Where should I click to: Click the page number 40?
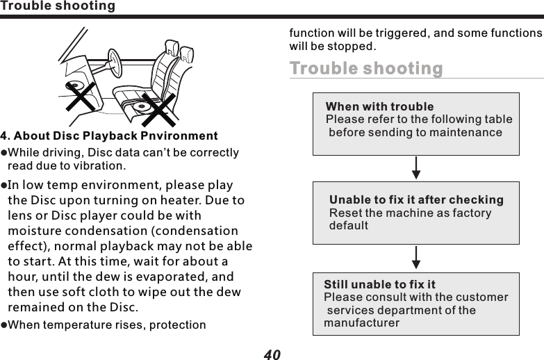(x=272, y=354)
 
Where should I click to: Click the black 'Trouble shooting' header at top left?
(x=58, y=6)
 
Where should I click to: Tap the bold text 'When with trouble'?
(x=379, y=107)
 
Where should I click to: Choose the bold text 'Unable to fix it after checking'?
(x=416, y=200)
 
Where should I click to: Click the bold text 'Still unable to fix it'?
(x=379, y=285)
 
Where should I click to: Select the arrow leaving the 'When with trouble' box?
(x=415, y=167)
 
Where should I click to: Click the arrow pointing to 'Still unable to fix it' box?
(x=415, y=256)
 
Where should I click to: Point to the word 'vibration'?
(x=101, y=166)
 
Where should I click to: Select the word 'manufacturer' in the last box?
(x=361, y=323)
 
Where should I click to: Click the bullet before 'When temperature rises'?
(x=3, y=325)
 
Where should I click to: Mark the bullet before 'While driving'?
(x=3, y=153)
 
